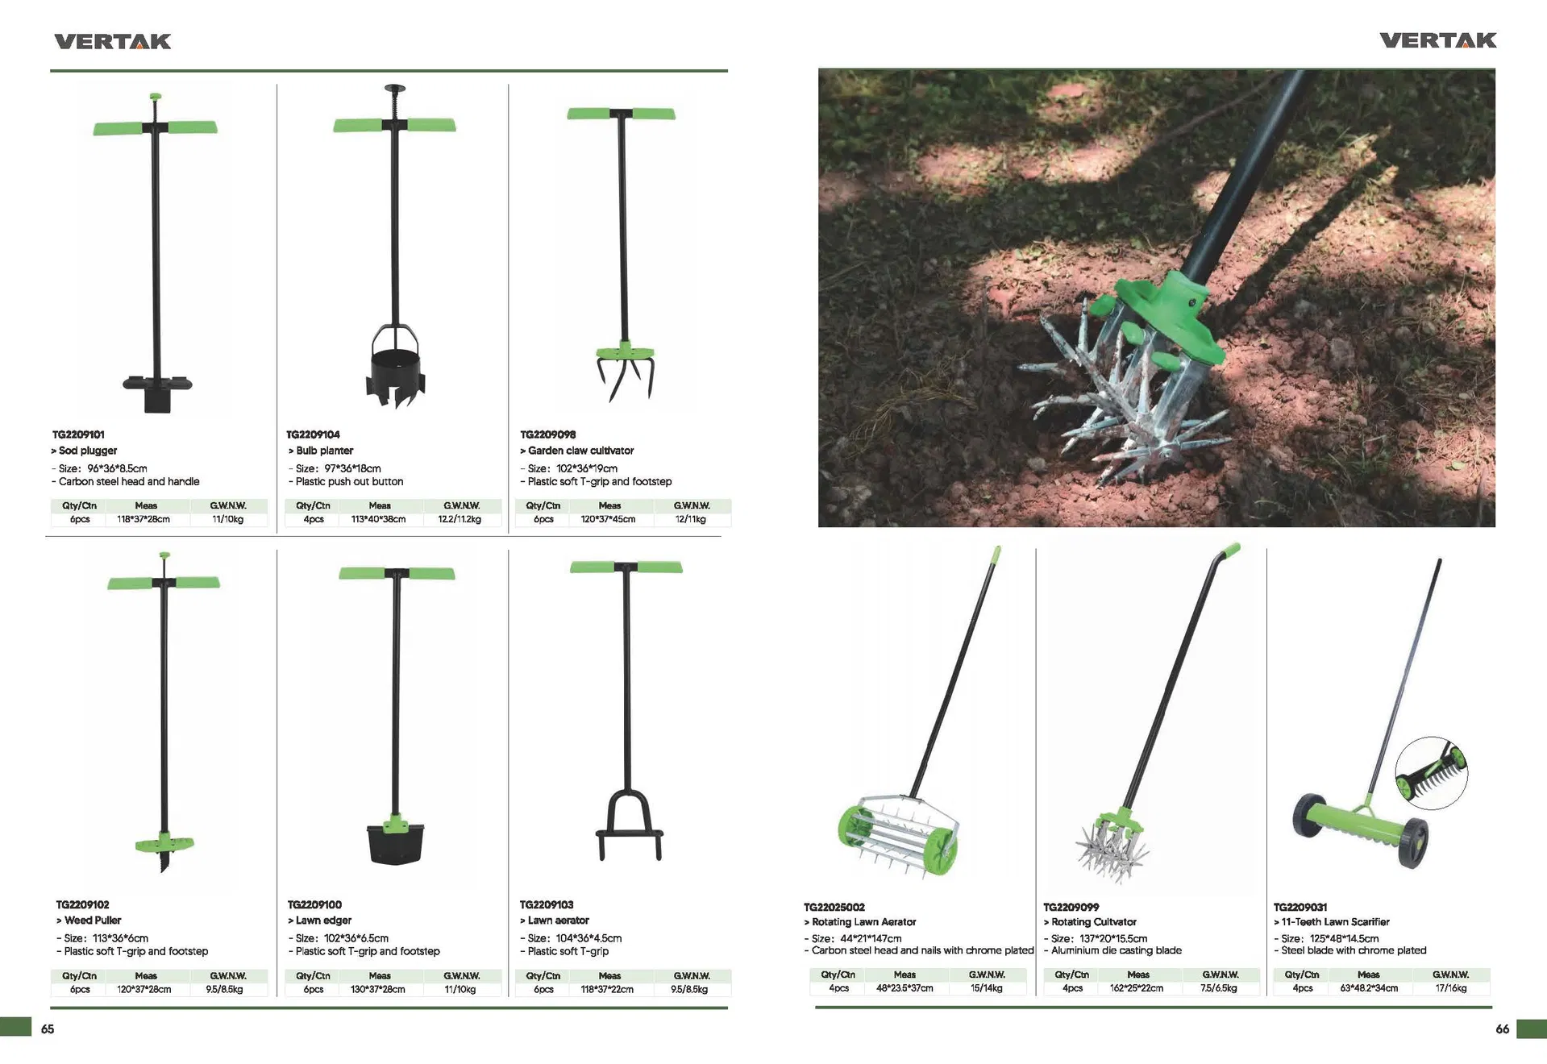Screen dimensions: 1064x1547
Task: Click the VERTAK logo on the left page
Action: pos(112,42)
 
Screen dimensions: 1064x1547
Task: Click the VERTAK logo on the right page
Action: pos(1437,40)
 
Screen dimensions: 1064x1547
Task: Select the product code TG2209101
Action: pos(79,434)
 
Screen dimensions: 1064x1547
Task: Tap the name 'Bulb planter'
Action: pos(324,451)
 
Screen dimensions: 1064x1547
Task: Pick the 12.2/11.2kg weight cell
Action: pos(460,519)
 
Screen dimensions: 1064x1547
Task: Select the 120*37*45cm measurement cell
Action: pos(608,519)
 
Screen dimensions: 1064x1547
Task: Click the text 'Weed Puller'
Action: pos(93,921)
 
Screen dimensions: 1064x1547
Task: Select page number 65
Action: pos(48,1029)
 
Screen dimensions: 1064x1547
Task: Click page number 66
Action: pos(1502,1029)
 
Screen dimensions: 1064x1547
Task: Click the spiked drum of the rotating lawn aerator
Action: pos(897,835)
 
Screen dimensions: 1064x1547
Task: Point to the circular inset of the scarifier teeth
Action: pos(1432,772)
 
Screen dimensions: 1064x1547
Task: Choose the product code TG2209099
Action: pos(1071,907)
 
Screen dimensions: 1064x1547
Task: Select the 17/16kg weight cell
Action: pos(1450,988)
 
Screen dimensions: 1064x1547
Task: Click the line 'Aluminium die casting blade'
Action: pos(1117,950)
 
